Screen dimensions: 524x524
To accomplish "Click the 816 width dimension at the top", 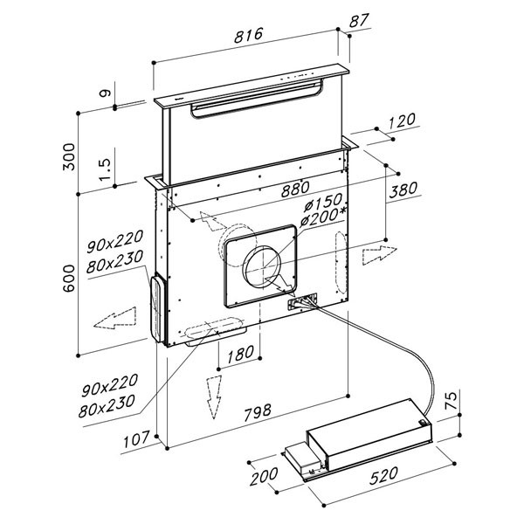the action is [249, 35].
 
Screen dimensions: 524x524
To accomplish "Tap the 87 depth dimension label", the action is [359, 21].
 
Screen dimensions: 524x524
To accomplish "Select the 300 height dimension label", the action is [69, 157].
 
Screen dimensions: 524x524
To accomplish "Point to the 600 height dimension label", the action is [69, 279].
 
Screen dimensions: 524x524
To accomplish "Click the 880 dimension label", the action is [295, 190].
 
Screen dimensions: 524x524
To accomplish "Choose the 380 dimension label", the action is [403, 190].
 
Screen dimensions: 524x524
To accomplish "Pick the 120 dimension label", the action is [403, 121].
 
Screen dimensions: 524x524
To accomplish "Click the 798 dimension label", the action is [258, 413].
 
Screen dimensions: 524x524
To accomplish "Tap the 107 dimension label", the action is [136, 440].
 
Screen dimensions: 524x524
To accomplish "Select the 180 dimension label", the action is [241, 355].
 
